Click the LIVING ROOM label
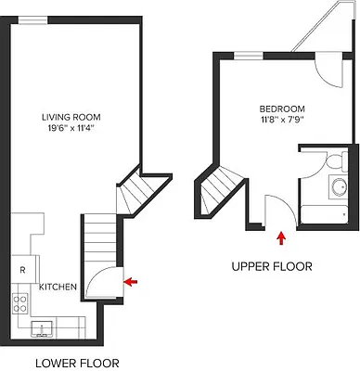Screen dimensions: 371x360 (x=71, y=117)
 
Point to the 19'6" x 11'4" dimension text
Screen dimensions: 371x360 (x=71, y=129)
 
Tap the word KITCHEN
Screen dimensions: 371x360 (x=58, y=287)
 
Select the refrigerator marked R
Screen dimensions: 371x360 (x=21, y=270)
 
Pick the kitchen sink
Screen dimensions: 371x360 (x=43, y=327)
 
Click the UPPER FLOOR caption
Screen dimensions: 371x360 (x=272, y=266)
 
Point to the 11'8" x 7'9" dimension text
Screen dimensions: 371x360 (x=282, y=120)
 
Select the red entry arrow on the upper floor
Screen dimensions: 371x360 (x=280, y=238)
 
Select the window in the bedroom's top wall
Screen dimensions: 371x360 (x=247, y=57)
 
